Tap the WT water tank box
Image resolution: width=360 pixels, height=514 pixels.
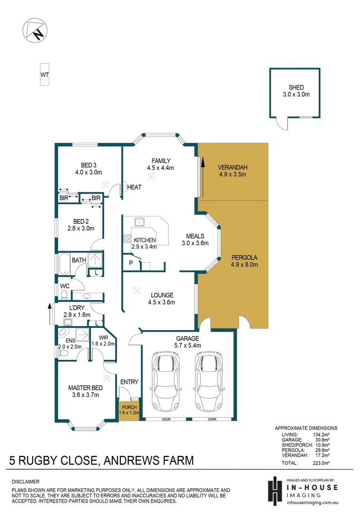coord(45,75)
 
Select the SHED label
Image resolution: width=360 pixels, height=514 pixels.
coord(296,88)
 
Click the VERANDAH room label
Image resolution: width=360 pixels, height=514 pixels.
coord(233,168)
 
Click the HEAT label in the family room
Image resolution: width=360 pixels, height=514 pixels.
coord(134,188)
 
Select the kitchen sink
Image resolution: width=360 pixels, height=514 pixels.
coord(139,222)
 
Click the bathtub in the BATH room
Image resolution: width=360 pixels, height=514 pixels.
coord(64,265)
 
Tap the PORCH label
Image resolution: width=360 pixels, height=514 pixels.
coord(129,407)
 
